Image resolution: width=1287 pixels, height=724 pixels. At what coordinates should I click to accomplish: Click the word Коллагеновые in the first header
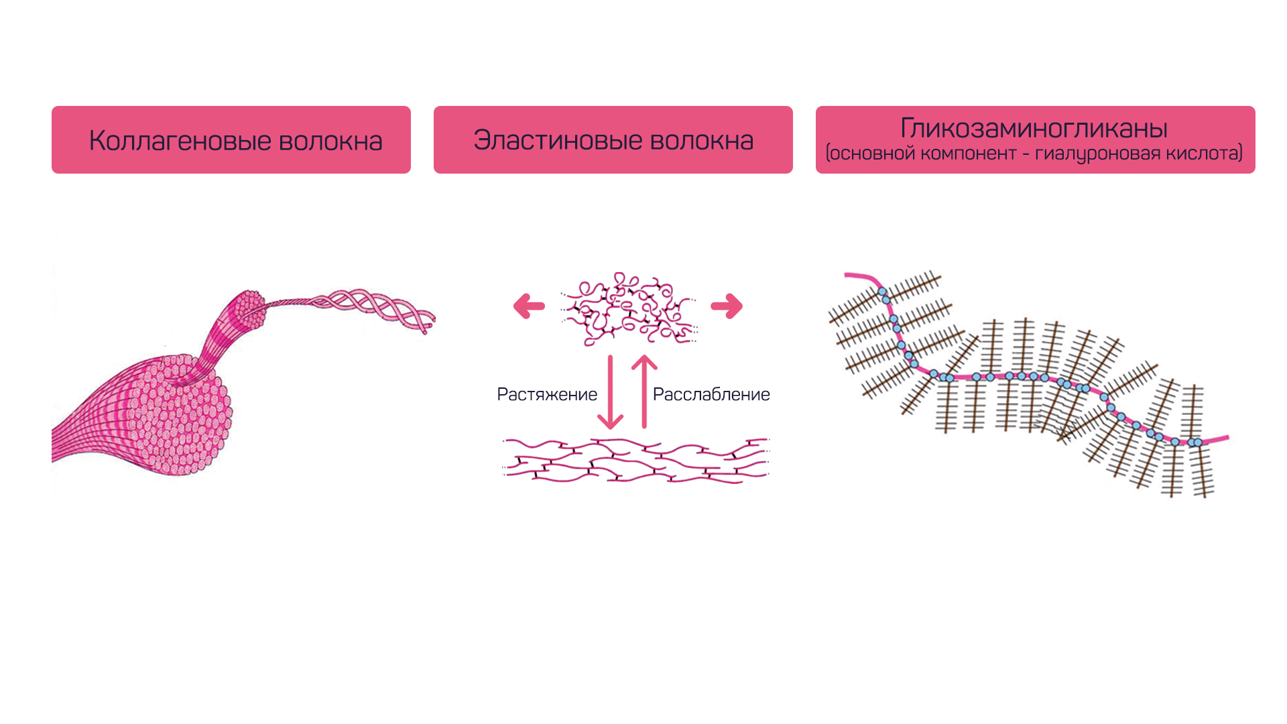[x=179, y=141]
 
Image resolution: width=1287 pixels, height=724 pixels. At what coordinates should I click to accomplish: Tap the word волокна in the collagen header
[x=330, y=141]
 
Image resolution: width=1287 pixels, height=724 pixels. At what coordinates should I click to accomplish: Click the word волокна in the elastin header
[x=702, y=140]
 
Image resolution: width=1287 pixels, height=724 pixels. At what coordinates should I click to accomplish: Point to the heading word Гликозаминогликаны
[x=1034, y=128]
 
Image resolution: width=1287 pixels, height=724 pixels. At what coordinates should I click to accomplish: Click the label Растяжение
[x=547, y=395]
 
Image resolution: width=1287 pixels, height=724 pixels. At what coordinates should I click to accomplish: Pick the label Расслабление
[x=711, y=394]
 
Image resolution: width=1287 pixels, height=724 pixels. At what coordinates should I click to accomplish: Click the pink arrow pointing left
[x=529, y=306]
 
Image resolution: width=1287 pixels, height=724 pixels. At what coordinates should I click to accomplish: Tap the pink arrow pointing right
[x=727, y=306]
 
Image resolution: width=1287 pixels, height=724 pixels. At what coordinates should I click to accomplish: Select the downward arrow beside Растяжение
[x=610, y=393]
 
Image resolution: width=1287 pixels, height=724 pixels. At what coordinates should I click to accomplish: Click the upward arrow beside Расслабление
[x=644, y=391]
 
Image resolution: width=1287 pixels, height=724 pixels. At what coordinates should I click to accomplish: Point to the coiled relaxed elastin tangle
[x=629, y=309]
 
